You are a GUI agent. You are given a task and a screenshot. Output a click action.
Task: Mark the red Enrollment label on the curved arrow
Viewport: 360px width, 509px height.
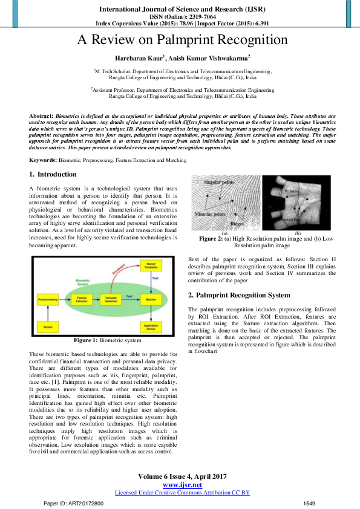[x=122, y=275]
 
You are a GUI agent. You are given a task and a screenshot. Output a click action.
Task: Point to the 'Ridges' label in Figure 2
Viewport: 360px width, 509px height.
[x=237, y=222]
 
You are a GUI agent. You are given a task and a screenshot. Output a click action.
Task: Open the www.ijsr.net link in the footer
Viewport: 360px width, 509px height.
[x=182, y=485]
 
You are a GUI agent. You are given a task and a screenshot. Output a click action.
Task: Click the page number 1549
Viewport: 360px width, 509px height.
[x=309, y=503]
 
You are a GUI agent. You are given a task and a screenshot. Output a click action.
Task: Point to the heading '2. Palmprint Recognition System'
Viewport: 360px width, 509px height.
[x=239, y=295]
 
